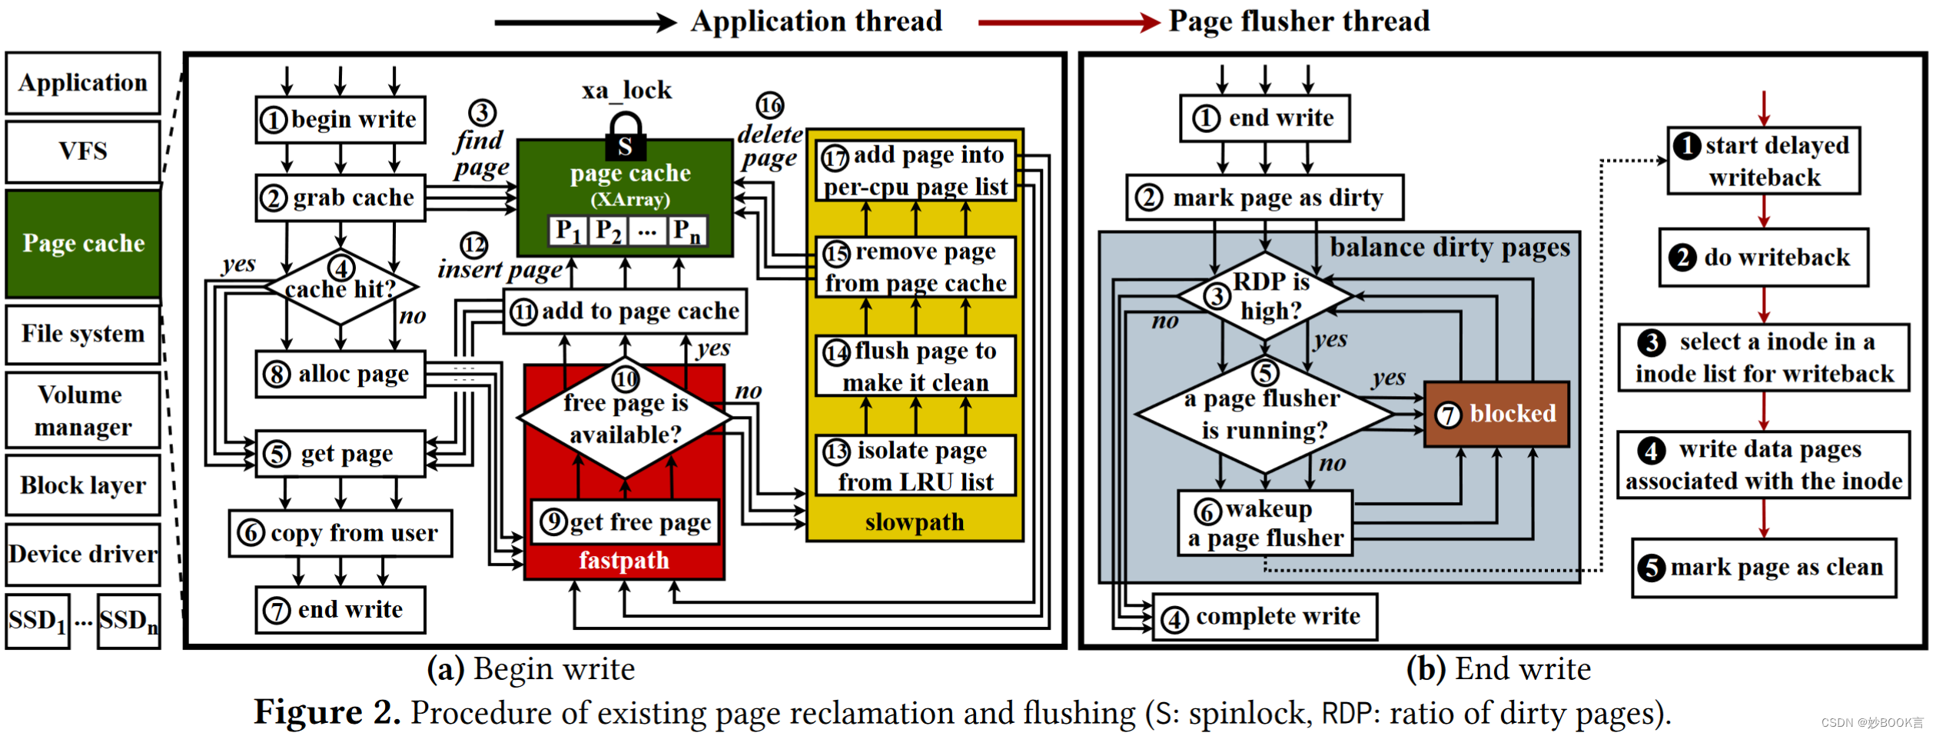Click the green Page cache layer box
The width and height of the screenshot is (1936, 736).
(x=83, y=244)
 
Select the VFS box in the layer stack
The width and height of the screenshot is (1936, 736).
(x=83, y=152)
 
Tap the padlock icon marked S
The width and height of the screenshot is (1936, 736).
(x=625, y=138)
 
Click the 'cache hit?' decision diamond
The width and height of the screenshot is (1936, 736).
(x=340, y=288)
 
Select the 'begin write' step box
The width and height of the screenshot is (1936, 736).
(x=340, y=120)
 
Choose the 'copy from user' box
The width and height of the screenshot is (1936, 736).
(x=340, y=533)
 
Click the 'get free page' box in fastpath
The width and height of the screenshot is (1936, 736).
(x=625, y=523)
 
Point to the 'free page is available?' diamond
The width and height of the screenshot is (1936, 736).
(x=625, y=418)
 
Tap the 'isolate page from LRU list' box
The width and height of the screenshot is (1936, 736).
(x=915, y=466)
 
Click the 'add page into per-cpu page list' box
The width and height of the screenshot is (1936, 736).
(x=915, y=171)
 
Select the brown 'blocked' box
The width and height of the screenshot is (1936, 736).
(x=1496, y=415)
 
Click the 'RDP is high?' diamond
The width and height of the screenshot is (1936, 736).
(x=1265, y=296)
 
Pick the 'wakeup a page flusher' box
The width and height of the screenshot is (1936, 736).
(x=1265, y=524)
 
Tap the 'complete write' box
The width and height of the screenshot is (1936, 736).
(x=1265, y=617)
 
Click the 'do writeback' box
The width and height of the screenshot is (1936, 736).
(x=1763, y=258)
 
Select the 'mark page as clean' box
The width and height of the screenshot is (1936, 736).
(x=1763, y=568)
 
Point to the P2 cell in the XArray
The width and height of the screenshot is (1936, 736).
(x=608, y=231)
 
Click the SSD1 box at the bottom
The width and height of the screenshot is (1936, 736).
(x=37, y=621)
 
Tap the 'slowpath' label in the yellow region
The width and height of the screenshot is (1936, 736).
(x=914, y=523)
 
